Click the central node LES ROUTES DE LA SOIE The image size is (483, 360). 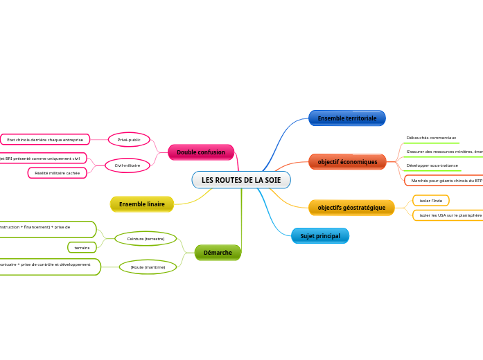click(x=241, y=180)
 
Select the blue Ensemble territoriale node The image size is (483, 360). click(x=346, y=118)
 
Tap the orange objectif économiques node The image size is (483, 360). click(x=347, y=162)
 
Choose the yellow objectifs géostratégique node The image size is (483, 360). click(x=351, y=208)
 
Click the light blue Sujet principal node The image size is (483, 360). click(x=320, y=236)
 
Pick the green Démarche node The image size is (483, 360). click(x=218, y=253)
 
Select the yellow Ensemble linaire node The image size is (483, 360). click(x=142, y=204)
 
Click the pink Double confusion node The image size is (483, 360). click(x=201, y=152)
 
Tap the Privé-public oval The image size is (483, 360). click(x=129, y=140)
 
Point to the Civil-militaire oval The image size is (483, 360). click(x=128, y=165)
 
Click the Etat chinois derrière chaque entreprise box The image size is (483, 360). click(x=45, y=140)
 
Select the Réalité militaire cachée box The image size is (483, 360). click(x=58, y=173)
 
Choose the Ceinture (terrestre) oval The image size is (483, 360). click(x=146, y=238)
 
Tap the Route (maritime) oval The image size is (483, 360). click(x=148, y=267)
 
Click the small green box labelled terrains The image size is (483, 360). click(x=82, y=247)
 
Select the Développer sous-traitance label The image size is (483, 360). click(x=432, y=166)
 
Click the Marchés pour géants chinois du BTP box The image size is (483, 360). click(x=445, y=181)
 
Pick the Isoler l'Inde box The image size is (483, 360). click(x=430, y=201)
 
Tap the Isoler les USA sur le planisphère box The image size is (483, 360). click(x=449, y=215)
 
